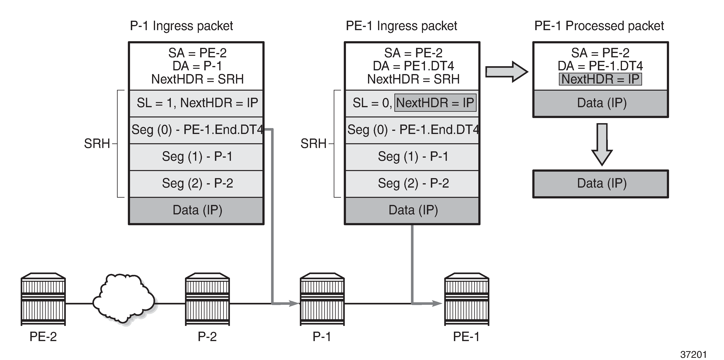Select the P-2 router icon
pyautogui.click(x=207, y=299)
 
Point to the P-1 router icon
pyautogui.click(x=322, y=299)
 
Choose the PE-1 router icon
pyautogui.click(x=467, y=299)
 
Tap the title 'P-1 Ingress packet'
pyautogui.click(x=181, y=26)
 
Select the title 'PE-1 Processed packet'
pyautogui.click(x=599, y=26)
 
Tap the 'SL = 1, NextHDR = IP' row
pyautogui.click(x=197, y=103)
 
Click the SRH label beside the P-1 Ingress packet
pyautogui.click(x=97, y=144)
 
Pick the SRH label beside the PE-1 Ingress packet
pyautogui.click(x=313, y=144)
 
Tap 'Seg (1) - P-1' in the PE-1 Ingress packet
pyautogui.click(x=413, y=156)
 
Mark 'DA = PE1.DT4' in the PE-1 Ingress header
pyautogui.click(x=413, y=66)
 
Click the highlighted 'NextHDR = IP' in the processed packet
pyautogui.click(x=600, y=79)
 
